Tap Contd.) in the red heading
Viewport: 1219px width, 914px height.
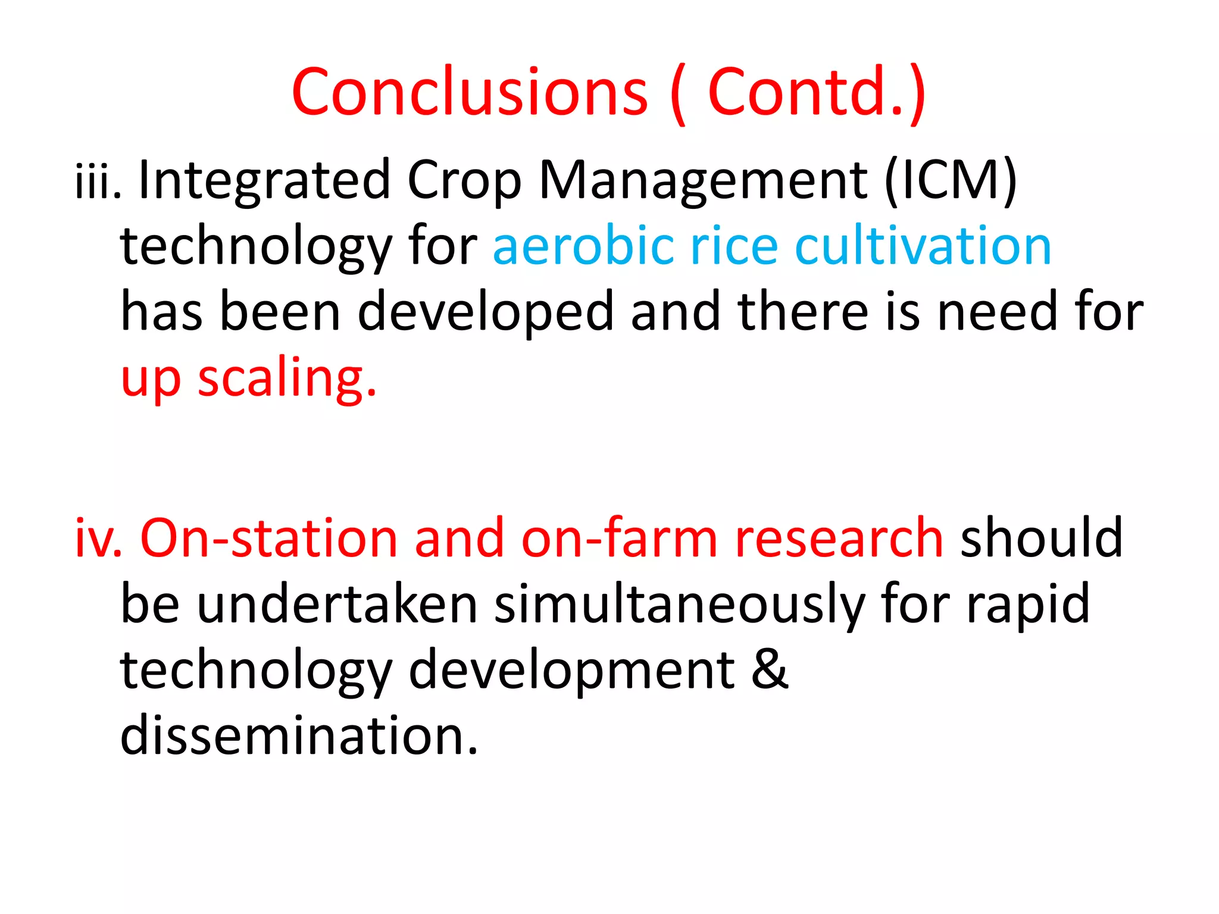817,92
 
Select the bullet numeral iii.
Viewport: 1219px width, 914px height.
98,181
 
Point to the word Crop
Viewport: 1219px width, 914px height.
464,181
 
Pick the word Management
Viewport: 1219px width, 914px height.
703,181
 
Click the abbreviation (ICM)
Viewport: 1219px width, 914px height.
951,181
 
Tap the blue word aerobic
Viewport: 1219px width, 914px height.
583,246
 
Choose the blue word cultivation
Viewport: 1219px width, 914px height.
923,246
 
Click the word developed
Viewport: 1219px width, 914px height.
485,312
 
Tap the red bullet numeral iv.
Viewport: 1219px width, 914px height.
98,539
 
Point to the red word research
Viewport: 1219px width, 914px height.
839,539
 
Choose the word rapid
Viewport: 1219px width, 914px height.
1028,605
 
